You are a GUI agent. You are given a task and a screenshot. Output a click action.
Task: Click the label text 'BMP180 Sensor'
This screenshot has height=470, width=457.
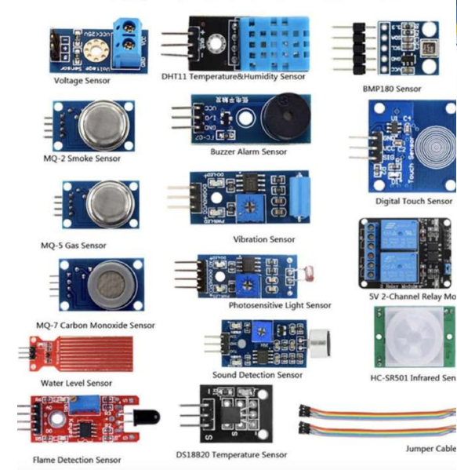coord(391,89)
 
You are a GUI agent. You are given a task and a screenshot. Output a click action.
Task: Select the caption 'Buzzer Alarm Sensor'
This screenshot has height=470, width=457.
coord(248,151)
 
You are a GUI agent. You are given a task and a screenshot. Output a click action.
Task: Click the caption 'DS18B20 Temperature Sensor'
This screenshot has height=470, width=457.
coord(231,454)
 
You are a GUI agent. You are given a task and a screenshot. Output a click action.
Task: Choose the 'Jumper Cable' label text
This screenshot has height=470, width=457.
coord(430,449)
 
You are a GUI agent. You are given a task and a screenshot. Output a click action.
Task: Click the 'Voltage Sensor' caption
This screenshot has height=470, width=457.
coord(82,80)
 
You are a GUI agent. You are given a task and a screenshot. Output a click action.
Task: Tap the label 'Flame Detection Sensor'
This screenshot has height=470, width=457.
coord(77,460)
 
